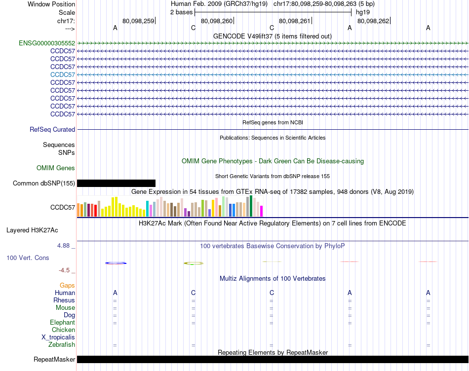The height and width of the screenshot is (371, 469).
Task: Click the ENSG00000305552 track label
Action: click(47, 43)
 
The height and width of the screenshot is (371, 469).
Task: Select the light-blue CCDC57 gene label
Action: click(63, 75)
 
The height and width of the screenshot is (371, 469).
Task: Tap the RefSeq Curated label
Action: click(52, 130)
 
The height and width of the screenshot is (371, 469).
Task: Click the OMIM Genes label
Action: click(56, 168)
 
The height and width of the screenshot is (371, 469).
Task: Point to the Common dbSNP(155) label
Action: click(43, 184)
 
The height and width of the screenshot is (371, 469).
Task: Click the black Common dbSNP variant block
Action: click(116, 184)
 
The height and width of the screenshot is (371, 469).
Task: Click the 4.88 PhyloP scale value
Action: click(66, 245)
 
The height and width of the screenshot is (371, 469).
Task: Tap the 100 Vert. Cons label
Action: click(28, 258)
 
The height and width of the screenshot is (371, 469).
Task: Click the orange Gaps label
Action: click(67, 286)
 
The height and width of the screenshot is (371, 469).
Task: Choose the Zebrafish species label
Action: click(62, 345)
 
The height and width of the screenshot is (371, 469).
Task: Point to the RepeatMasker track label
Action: click(54, 359)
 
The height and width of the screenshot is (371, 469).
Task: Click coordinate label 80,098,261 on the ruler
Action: click(295, 21)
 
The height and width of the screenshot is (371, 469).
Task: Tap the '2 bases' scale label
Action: click(182, 12)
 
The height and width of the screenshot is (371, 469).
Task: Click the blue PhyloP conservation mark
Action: click(116, 263)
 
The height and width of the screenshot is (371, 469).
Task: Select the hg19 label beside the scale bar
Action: click(363, 12)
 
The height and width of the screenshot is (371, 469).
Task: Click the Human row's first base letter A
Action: click(115, 293)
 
